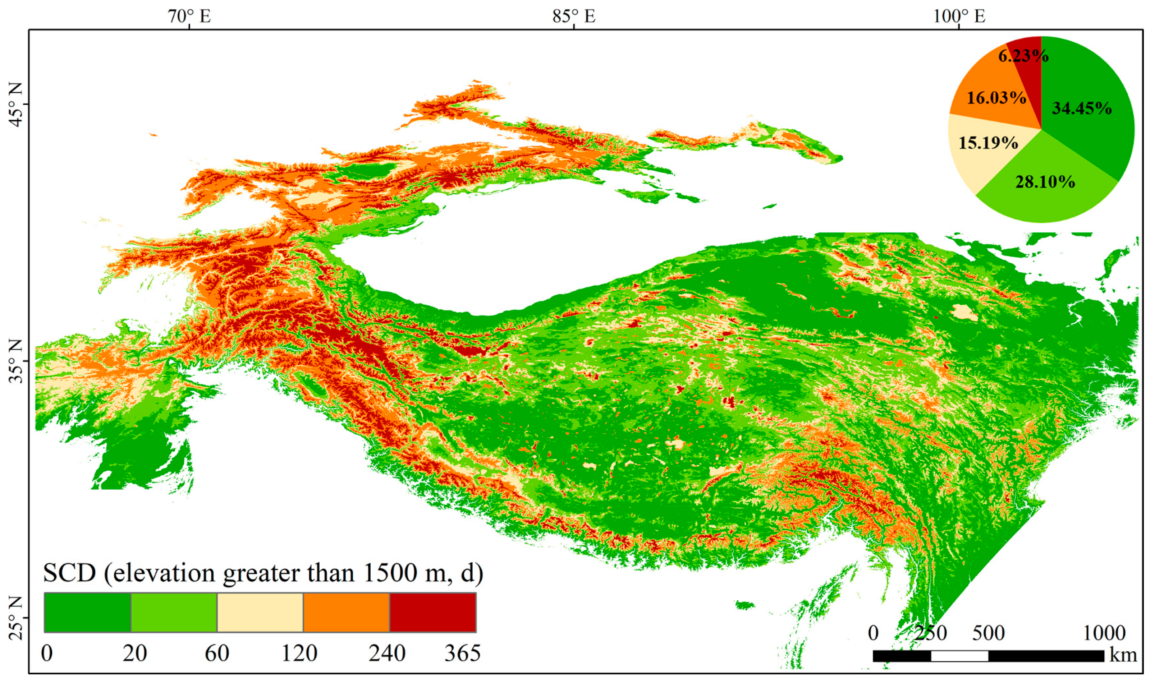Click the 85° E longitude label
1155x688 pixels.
point(574,16)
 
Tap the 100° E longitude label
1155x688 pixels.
point(959,16)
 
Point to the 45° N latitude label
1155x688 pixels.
point(15,104)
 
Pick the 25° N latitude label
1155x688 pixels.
point(15,618)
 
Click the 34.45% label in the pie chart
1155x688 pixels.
point(1082,108)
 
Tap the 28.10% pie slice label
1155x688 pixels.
point(1045,182)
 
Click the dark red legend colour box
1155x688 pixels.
point(433,613)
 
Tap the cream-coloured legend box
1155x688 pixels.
point(260,613)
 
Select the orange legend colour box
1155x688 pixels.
point(347,613)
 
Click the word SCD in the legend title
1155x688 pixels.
point(70,573)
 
